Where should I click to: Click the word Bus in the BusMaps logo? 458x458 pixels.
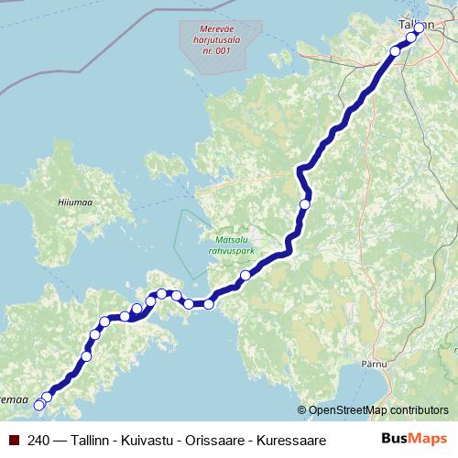coord(394,439)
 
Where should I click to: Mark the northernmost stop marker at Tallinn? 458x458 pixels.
coord(420,28)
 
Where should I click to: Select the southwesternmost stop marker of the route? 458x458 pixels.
coord(39,405)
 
